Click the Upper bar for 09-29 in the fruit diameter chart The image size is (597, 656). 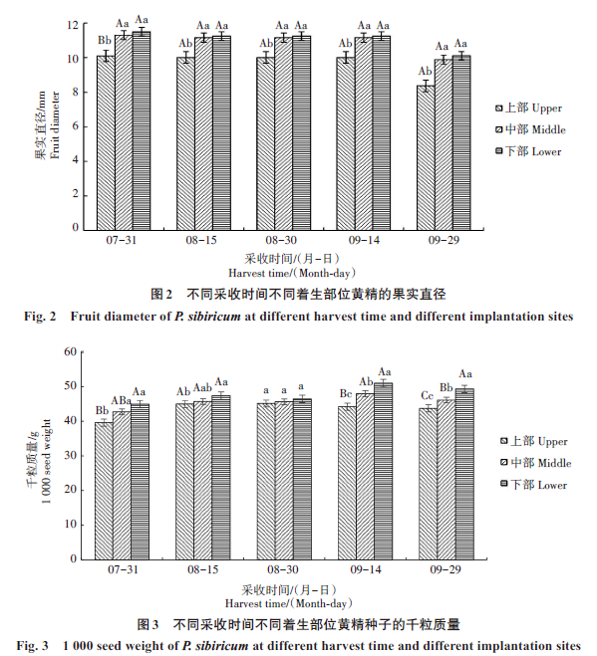pyautogui.click(x=426, y=157)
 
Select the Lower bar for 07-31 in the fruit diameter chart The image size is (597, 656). pyautogui.click(x=142, y=131)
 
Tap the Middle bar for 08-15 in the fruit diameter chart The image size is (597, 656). pyautogui.click(x=203, y=133)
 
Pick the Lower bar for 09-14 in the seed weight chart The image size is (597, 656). pyautogui.click(x=384, y=471)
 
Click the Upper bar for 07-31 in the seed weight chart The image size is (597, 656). pyautogui.click(x=104, y=491)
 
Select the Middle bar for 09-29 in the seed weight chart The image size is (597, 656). pyautogui.click(x=447, y=480)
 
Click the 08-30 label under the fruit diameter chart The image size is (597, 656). pyautogui.click(x=281, y=240)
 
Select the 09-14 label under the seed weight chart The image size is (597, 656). pyautogui.click(x=366, y=569)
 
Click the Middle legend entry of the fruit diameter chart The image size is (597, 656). pyautogui.click(x=530, y=129)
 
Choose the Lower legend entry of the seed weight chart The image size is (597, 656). pyautogui.click(x=534, y=485)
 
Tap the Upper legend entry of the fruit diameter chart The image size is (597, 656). pyautogui.click(x=528, y=108)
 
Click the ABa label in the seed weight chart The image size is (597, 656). pyautogui.click(x=121, y=401)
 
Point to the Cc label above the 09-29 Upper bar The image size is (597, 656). pyautogui.click(x=427, y=395)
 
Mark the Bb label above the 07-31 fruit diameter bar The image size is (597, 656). pyautogui.click(x=105, y=40)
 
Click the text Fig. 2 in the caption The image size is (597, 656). pyautogui.click(x=40, y=317)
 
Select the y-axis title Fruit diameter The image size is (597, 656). pyautogui.click(x=55, y=125)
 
